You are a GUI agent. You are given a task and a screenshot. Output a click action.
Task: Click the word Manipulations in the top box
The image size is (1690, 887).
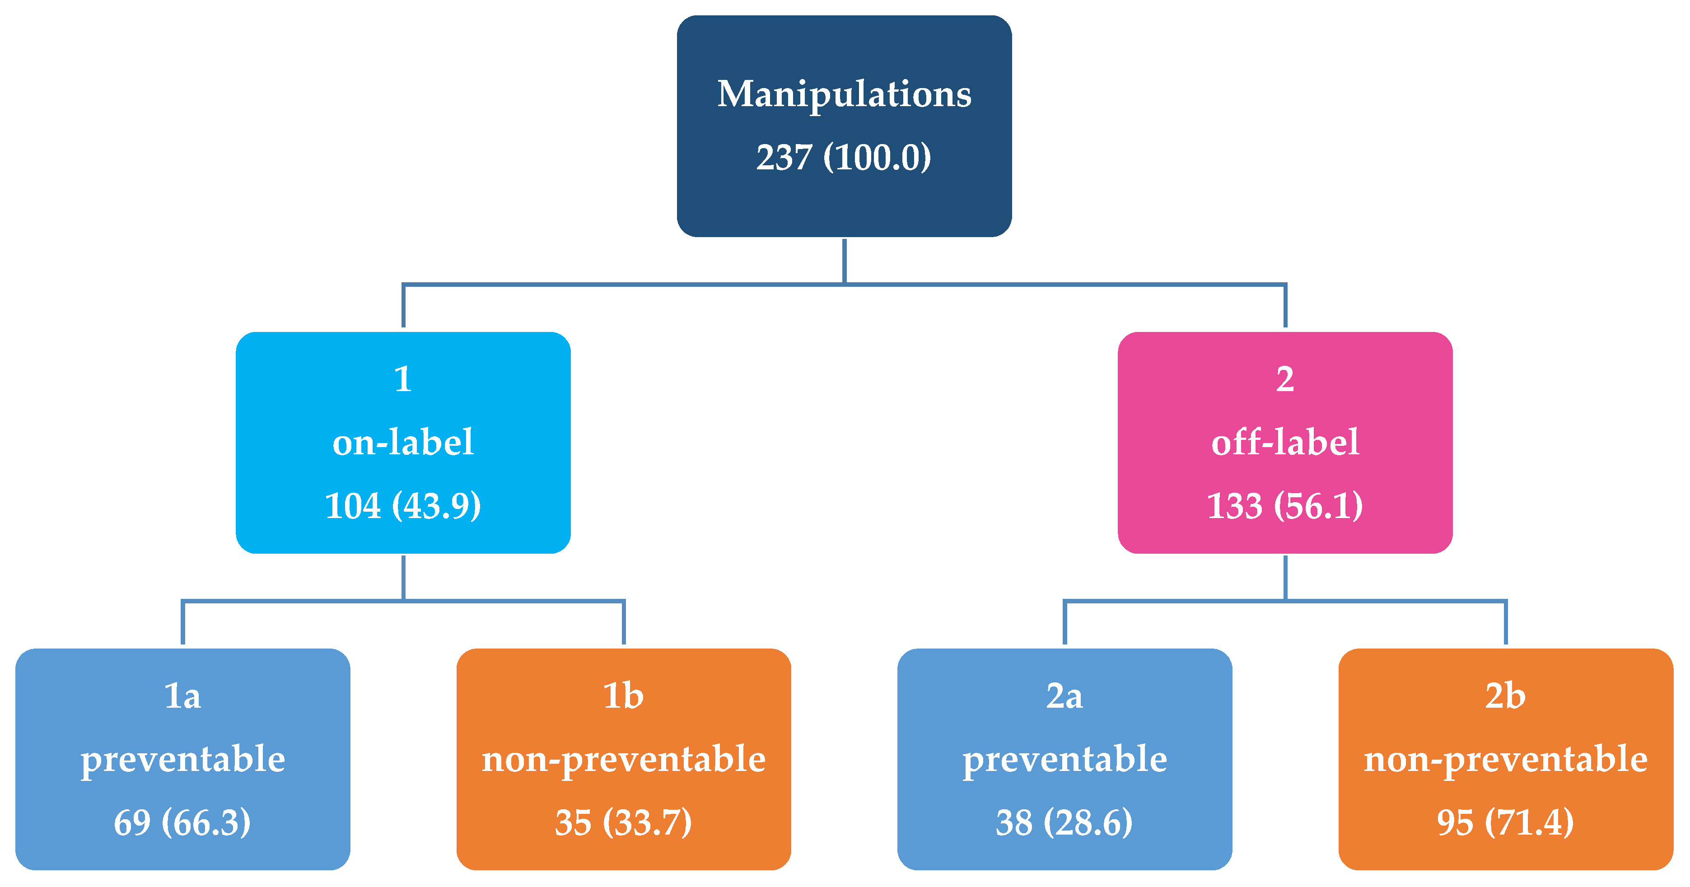(x=845, y=94)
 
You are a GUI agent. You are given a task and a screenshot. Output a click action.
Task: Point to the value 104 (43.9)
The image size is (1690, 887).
(x=403, y=506)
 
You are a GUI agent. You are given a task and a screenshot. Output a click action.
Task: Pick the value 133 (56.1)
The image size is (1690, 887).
(x=1284, y=506)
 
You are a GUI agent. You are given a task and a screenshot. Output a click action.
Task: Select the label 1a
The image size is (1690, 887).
(x=182, y=696)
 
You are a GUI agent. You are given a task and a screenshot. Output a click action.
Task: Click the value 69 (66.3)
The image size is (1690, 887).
(x=182, y=823)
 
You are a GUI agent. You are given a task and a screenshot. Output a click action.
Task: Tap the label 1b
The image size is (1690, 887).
(x=623, y=696)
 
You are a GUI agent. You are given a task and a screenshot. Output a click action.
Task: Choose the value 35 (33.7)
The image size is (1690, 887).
(x=623, y=823)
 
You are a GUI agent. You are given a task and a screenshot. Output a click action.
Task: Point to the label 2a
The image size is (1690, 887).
(x=1064, y=696)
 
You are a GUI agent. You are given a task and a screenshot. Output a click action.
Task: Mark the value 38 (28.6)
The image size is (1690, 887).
(x=1064, y=823)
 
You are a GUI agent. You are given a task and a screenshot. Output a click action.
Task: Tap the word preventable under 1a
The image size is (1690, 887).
(x=182, y=760)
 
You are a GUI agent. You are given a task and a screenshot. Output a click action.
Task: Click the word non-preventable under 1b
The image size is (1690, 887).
(x=623, y=760)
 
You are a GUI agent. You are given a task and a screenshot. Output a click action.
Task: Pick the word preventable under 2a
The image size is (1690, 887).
(x=1064, y=760)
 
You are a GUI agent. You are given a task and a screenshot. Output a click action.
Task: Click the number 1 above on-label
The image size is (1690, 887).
(x=403, y=379)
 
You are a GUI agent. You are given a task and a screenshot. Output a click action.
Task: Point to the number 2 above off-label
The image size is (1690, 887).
(x=1284, y=379)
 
